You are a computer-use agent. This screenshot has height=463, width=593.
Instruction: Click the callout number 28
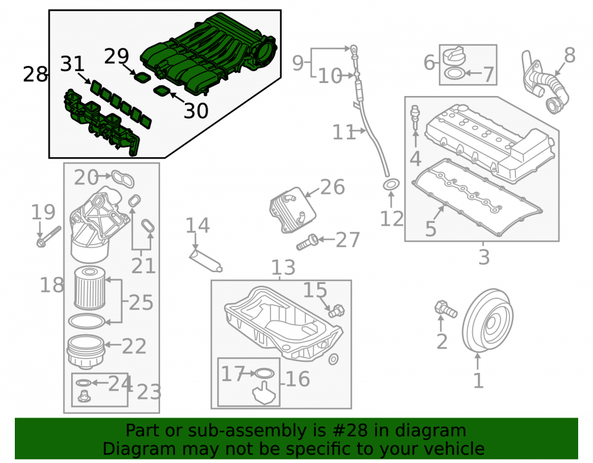tap(35, 74)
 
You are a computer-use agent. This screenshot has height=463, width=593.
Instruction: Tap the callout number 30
tap(196, 111)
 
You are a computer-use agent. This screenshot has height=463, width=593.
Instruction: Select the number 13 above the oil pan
tap(283, 267)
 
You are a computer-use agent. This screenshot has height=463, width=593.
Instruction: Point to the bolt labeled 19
tap(49, 237)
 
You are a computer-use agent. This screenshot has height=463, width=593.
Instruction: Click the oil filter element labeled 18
tap(90, 288)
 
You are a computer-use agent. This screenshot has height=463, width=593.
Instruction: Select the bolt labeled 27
tap(307, 242)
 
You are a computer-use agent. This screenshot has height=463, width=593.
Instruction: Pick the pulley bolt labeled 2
tap(447, 309)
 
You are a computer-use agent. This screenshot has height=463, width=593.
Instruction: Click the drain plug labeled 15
tap(336, 311)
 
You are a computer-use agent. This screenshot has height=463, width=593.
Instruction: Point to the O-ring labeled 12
tap(391, 185)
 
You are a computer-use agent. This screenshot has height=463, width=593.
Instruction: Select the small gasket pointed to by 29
tap(142, 77)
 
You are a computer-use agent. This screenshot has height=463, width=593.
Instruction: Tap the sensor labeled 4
tap(415, 117)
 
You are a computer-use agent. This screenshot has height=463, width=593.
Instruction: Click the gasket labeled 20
tap(123, 178)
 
